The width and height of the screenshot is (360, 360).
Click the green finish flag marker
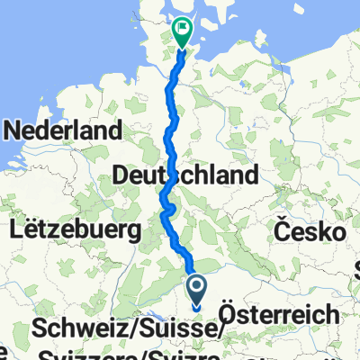(182, 32)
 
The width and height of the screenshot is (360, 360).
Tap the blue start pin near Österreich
(198, 290)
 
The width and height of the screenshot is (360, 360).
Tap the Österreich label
(282, 314)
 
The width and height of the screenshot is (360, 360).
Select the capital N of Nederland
(14, 130)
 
